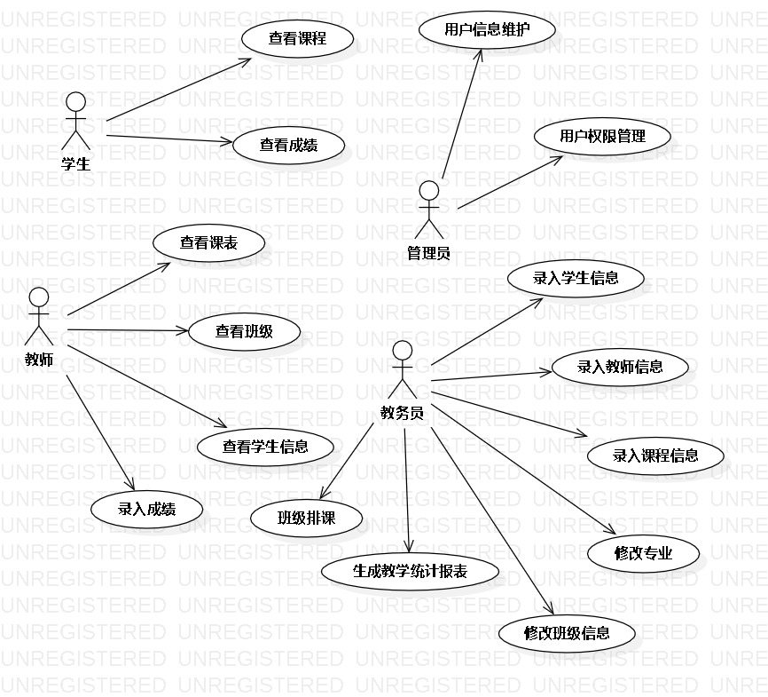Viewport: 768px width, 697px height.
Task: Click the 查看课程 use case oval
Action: point(298,38)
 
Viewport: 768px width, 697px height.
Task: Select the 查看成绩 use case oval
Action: point(289,145)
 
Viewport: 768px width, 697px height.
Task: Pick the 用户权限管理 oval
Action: point(602,137)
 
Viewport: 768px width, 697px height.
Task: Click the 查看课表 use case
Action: point(208,242)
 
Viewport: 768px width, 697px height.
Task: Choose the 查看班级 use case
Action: point(244,331)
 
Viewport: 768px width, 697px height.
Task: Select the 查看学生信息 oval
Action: point(265,447)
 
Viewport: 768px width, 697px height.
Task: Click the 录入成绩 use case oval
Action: point(146,509)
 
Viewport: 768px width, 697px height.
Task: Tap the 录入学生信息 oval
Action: point(576,278)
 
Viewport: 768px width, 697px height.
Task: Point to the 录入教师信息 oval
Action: point(620,366)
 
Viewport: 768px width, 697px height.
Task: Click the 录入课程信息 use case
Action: point(655,455)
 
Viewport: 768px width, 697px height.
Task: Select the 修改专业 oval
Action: point(644,554)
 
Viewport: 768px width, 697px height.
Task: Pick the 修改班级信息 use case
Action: point(567,633)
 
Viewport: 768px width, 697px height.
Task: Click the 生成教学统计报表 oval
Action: point(410,571)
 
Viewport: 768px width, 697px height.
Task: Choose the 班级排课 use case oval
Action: point(307,519)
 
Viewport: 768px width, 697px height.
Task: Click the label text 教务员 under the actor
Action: point(402,412)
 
